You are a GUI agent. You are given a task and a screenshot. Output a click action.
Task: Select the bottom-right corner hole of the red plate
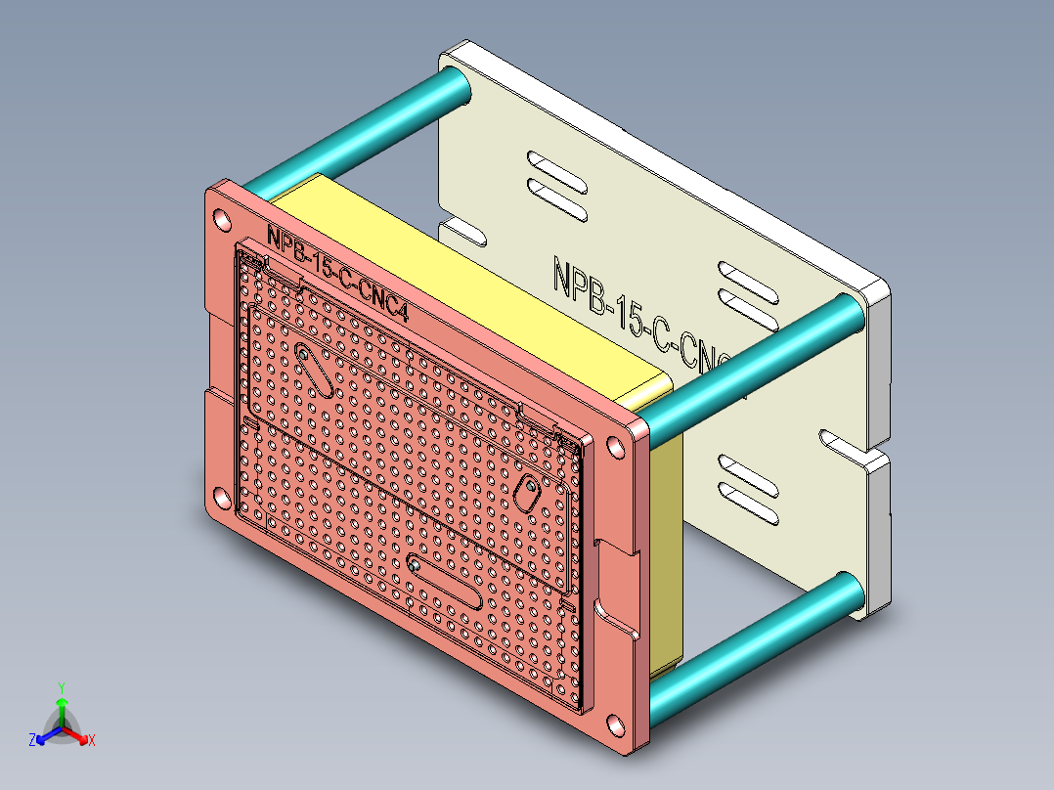click(x=615, y=726)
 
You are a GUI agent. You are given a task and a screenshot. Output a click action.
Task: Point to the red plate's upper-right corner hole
click(x=616, y=447)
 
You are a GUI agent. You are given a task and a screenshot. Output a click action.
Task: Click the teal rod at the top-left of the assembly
click(x=357, y=131)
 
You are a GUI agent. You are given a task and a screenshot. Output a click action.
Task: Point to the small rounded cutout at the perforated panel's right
click(x=528, y=493)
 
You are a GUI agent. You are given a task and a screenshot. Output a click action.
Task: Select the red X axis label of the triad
click(x=92, y=741)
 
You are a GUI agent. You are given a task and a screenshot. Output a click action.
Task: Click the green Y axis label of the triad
click(x=61, y=687)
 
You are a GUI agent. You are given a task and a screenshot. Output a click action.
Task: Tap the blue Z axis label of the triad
click(x=32, y=741)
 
